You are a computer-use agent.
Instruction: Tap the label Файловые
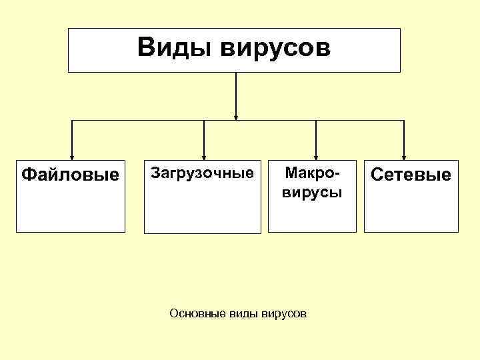pyautogui.click(x=70, y=175)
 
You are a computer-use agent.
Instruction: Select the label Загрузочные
pyautogui.click(x=203, y=173)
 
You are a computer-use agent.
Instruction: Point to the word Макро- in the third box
pyautogui.click(x=312, y=173)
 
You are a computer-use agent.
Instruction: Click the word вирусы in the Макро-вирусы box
pyautogui.click(x=312, y=193)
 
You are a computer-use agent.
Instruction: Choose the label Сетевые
pyautogui.click(x=411, y=175)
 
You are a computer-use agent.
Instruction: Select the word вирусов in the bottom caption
pyautogui.click(x=285, y=313)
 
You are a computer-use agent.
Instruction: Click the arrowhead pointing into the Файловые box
pyautogui.click(x=71, y=157)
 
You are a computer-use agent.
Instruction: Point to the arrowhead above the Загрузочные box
pyautogui.click(x=203, y=157)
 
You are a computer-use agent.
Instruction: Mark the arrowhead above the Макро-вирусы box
pyautogui.click(x=315, y=157)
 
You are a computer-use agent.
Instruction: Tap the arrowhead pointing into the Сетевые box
pyautogui.click(x=403, y=157)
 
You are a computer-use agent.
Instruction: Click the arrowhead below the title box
pyautogui.click(x=235, y=117)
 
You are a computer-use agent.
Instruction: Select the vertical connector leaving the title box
pyautogui.click(x=235, y=93)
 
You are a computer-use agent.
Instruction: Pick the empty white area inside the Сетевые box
pyautogui.click(x=411, y=210)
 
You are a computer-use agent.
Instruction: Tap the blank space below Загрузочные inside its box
pyautogui.click(x=203, y=210)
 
